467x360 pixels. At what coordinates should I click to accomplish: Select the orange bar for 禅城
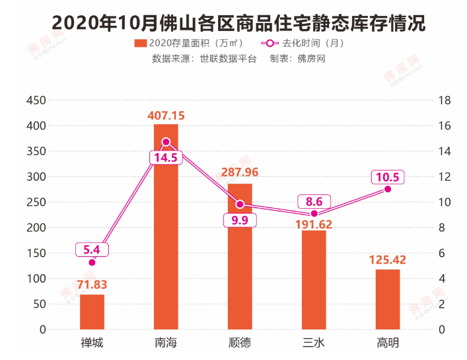tap(92, 311)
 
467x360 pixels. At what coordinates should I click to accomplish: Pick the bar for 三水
tap(314, 279)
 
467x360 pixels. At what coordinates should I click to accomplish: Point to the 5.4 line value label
tap(92, 250)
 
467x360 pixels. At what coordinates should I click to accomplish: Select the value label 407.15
tap(166, 116)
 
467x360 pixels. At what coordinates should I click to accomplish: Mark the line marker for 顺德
tap(240, 204)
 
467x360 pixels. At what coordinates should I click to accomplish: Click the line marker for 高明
tap(388, 189)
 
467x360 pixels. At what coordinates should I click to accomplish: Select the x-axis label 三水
tap(314, 343)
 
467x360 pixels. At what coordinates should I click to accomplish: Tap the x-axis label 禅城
tap(92, 343)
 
